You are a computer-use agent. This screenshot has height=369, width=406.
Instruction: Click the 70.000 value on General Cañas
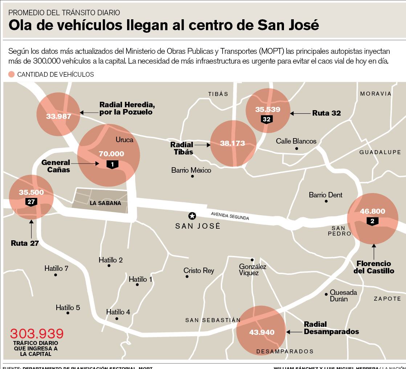[111, 154]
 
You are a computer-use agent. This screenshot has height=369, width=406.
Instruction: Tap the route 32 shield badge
[267, 119]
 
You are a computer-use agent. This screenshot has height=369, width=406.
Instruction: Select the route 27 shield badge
[31, 202]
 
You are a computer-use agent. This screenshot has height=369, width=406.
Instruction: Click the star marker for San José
[192, 216]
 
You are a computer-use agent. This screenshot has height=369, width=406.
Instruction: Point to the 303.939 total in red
[37, 333]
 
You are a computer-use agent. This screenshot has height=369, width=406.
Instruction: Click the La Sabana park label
[105, 203]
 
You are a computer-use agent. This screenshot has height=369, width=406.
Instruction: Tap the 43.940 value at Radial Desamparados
[261, 332]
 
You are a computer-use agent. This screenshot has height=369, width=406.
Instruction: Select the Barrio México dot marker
[192, 176]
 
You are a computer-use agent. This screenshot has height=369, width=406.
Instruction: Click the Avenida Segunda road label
[230, 216]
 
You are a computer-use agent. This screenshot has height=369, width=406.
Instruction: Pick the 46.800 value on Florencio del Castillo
[372, 211]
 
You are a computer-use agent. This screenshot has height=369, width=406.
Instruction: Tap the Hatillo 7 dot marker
[56, 275]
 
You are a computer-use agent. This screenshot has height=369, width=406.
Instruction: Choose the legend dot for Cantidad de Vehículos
[12, 75]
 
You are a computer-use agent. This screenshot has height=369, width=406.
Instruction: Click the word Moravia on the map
[375, 94]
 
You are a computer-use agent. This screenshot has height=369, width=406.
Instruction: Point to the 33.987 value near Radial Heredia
[58, 116]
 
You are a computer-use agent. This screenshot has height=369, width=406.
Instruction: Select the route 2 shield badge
[372, 221]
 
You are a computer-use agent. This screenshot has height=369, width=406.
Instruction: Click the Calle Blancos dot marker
[297, 149]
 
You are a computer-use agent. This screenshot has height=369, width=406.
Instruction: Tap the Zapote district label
[387, 298]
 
